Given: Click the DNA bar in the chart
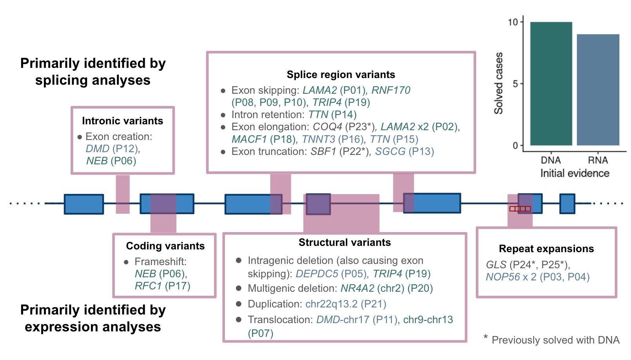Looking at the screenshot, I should (x=551, y=84).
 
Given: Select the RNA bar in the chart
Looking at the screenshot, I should (x=598, y=90).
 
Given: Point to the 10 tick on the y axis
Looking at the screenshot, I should (x=513, y=22).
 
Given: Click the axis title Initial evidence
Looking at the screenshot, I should (x=575, y=173).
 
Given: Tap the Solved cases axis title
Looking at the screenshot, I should (x=499, y=83).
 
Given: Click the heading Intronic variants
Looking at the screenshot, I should (x=122, y=121).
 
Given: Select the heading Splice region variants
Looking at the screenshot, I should (x=341, y=75).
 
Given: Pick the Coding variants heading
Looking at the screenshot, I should (x=165, y=246).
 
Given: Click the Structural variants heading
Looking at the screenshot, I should (x=345, y=242).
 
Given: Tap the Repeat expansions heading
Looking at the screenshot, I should (x=546, y=249).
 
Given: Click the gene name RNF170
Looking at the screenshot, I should (x=391, y=90).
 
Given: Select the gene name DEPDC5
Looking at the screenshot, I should (x=317, y=274).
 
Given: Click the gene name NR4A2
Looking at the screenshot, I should (x=357, y=288).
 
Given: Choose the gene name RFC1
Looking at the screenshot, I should (x=148, y=286).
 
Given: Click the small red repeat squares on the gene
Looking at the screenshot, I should (x=520, y=209).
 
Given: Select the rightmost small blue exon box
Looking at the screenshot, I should (x=567, y=204).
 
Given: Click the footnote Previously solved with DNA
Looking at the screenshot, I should (x=555, y=340).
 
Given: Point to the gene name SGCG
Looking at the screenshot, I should (x=390, y=151).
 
